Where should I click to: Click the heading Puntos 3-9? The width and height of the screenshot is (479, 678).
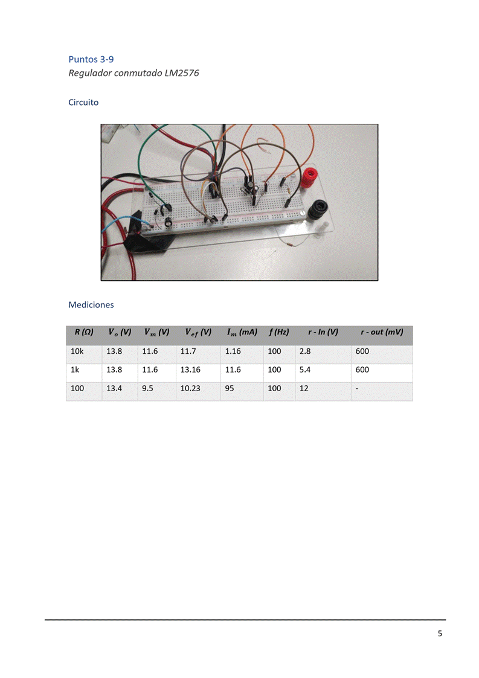91,59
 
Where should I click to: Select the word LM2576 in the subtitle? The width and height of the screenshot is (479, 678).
182,72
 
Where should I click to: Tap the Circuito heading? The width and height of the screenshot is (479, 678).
83,103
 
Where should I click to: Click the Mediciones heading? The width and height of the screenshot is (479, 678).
91,305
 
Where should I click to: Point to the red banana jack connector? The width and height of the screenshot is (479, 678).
310,177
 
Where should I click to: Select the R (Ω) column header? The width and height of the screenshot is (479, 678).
84,332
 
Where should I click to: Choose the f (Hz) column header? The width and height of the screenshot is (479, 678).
278,332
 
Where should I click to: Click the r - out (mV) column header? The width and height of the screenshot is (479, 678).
382,332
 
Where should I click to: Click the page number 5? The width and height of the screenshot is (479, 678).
440,633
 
